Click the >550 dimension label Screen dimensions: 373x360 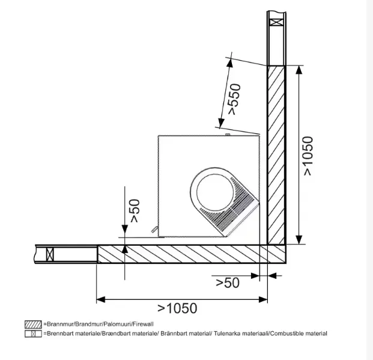point(234,99)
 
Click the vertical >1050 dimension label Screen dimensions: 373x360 point(308,156)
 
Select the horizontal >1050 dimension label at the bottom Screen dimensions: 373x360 point(177,308)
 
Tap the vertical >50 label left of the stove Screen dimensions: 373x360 point(135,211)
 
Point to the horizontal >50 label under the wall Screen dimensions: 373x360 point(228,283)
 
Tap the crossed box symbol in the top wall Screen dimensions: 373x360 point(277,22)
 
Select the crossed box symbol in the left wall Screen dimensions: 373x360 point(50,254)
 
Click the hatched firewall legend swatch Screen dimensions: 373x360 point(33,325)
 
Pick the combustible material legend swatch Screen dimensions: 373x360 point(33,334)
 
